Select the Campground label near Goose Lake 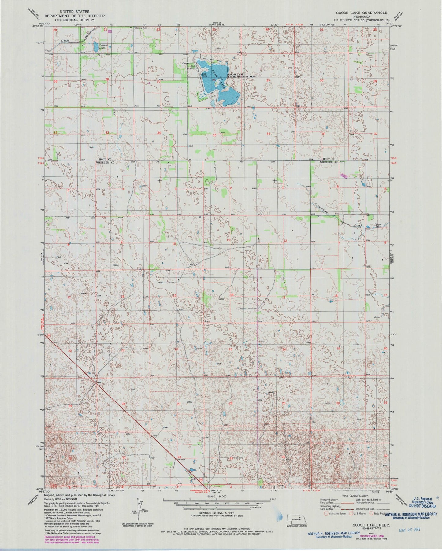(188, 63)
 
